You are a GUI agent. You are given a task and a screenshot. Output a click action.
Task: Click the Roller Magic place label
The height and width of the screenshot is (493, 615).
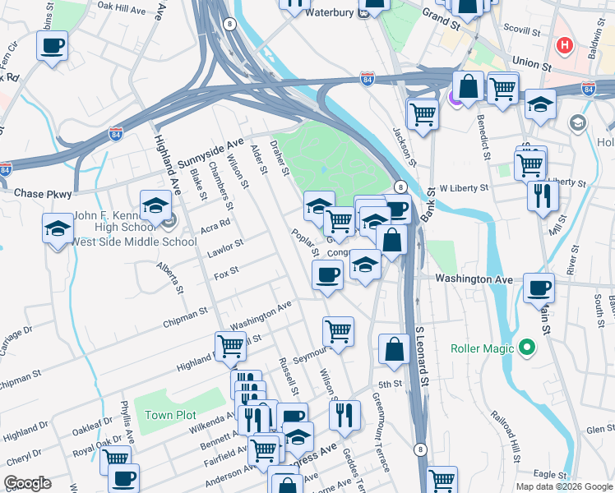(x=483, y=348)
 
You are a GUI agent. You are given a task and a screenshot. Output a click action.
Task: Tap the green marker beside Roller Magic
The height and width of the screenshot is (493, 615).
(x=527, y=348)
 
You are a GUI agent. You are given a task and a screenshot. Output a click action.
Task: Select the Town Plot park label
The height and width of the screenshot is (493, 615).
(x=170, y=415)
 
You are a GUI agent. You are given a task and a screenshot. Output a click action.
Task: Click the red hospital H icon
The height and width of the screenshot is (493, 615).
(x=564, y=46)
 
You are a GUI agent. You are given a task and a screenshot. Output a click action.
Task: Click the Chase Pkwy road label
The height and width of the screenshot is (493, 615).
(x=40, y=193)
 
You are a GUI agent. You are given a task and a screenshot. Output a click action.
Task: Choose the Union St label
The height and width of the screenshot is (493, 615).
(x=530, y=62)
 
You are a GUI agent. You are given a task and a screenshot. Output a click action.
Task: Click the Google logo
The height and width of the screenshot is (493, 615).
(x=27, y=483)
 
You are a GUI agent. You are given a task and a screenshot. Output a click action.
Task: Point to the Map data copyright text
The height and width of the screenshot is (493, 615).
(x=564, y=486)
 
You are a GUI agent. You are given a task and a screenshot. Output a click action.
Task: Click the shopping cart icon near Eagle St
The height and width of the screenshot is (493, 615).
(x=442, y=480)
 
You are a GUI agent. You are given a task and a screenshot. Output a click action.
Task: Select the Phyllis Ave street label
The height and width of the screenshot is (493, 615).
(x=127, y=420)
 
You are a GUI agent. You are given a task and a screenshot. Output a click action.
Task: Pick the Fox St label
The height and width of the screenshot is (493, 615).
(x=225, y=271)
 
